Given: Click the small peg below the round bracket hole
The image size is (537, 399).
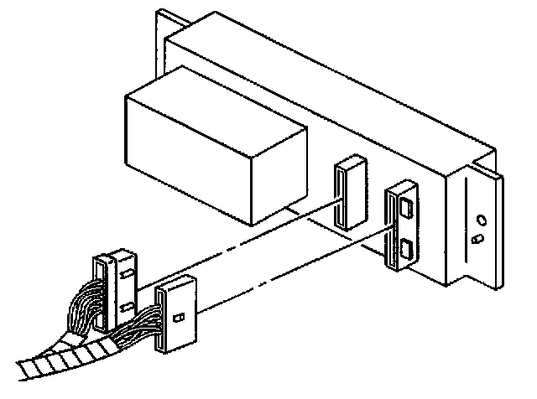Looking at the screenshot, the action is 476,240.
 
